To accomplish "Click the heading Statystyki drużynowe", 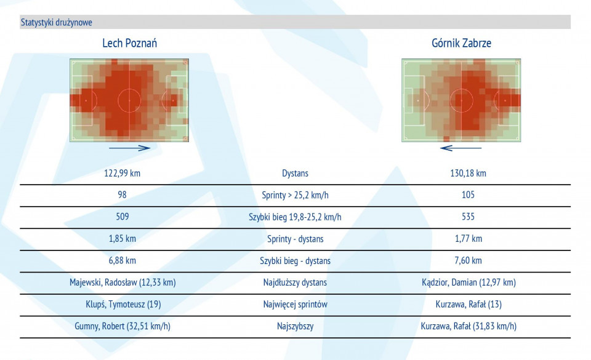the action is [x=56, y=22].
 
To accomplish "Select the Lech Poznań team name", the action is [x=130, y=43].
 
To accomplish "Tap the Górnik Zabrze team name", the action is [x=461, y=43].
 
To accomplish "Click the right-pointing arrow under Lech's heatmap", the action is [x=129, y=148].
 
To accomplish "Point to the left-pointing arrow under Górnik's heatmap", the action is [x=461, y=148].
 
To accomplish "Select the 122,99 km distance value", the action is [x=122, y=173].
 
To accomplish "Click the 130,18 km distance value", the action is [x=468, y=173].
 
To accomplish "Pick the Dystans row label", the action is [x=295, y=173].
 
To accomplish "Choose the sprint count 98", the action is [x=122, y=194].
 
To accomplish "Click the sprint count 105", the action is [x=468, y=194].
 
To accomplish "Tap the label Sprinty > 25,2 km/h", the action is [x=295, y=195].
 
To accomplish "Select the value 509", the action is [x=123, y=217].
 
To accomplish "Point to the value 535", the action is [x=468, y=217].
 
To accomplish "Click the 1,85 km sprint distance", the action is [x=123, y=238].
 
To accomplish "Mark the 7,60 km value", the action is [x=468, y=260].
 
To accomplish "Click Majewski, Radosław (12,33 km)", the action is [x=123, y=282].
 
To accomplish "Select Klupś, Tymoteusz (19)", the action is [x=123, y=304].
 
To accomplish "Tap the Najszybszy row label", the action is [x=295, y=326].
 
